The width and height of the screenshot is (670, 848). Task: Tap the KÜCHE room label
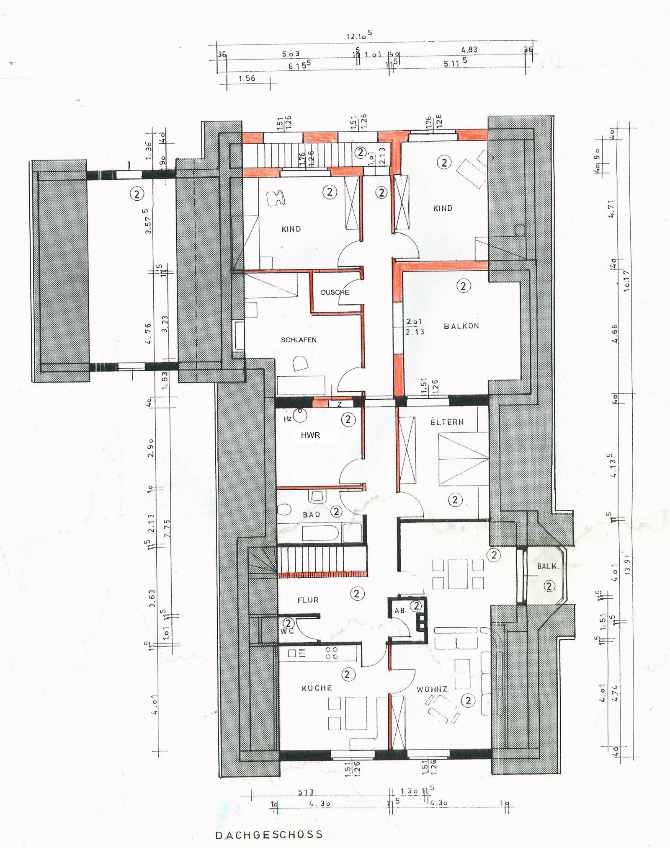click(317, 688)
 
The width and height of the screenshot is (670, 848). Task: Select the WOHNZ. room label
click(433, 689)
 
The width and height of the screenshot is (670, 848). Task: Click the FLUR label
click(308, 600)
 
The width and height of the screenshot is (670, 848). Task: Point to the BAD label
click(311, 515)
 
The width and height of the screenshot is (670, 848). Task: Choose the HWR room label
click(310, 435)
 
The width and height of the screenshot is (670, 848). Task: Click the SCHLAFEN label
click(299, 340)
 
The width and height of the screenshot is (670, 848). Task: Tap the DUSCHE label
click(335, 292)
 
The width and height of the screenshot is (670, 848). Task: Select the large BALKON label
click(461, 326)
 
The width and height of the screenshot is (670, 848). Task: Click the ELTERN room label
click(447, 422)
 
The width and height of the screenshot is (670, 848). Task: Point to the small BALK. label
click(548, 566)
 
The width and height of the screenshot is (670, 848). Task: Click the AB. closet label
click(400, 611)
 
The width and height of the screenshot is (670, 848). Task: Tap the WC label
click(287, 631)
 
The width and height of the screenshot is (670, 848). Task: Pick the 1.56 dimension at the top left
click(247, 78)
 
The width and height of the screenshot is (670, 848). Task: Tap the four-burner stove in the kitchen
click(332, 653)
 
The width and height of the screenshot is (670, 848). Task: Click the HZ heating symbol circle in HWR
click(300, 416)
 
